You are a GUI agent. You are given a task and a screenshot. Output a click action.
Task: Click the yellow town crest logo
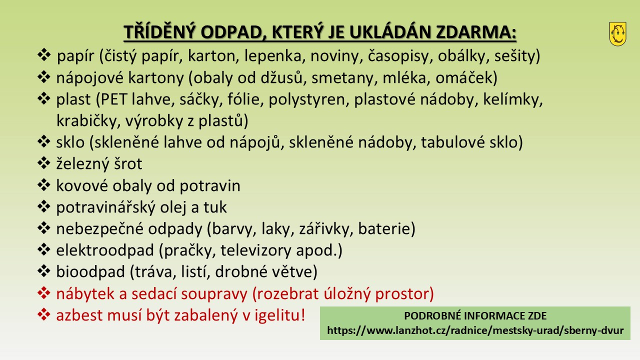617,34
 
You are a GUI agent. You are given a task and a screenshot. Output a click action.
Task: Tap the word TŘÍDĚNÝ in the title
159,31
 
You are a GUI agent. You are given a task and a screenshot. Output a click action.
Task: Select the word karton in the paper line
213,55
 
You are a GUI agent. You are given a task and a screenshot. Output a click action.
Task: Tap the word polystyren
308,99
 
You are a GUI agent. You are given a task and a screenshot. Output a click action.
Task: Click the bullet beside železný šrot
43,163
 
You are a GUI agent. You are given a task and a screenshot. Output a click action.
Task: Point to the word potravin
209,186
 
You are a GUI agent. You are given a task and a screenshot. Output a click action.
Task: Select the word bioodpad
90,271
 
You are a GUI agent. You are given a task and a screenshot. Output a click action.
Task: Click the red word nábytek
85,293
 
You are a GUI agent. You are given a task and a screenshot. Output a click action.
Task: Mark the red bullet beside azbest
43,314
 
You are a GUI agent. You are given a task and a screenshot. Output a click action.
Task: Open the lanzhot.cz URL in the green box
475,330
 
